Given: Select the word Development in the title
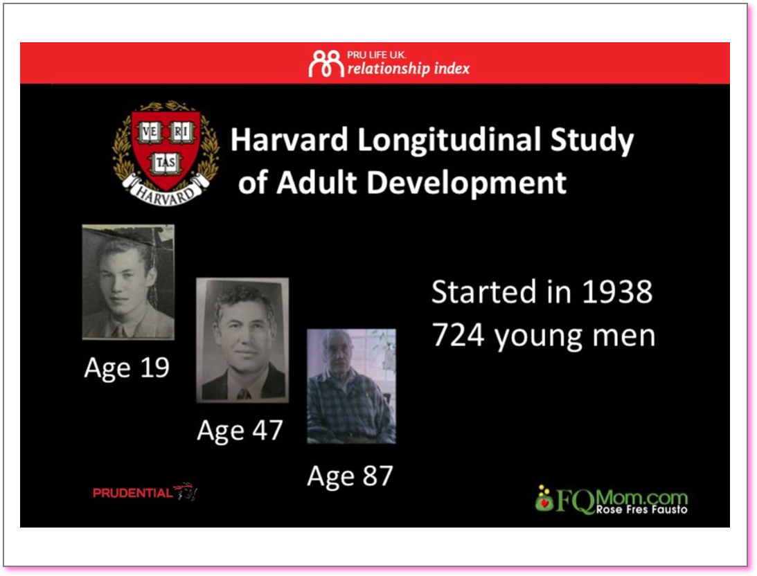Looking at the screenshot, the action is pos(466,183).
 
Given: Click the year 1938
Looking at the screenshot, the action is pos(617,292).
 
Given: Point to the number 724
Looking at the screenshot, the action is pos(458,335).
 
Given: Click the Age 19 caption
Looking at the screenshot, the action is pos(127,368).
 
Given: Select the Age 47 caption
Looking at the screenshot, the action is pos(240,430).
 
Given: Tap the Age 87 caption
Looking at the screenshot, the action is pos(350,476).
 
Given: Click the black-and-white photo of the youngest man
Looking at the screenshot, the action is pos(128,282).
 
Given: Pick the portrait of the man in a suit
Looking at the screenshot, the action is pos(242,340).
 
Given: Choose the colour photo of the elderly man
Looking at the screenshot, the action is pos(351,386).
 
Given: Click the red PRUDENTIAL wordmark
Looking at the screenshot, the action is pos(132,493).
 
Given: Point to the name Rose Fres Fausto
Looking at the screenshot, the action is pos(641,510).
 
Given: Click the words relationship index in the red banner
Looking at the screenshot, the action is pos(409,69).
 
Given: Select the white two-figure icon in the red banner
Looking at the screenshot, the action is pos(326,63).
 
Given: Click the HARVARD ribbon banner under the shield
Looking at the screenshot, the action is pos(166,190).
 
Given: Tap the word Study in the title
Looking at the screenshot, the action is pos(592,141).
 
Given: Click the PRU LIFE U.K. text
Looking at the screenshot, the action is pos(377,55).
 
